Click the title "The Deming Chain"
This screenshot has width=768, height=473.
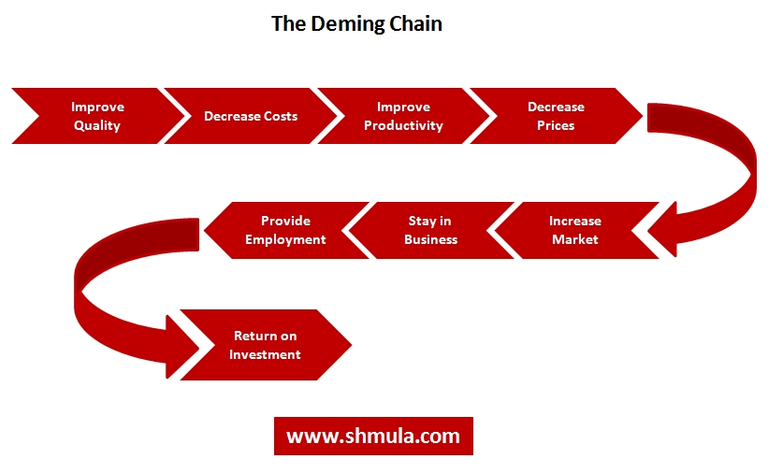point(356,24)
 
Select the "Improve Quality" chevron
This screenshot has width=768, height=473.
point(97,116)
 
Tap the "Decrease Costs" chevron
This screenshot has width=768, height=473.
point(251,116)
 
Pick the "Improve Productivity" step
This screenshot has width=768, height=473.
point(403,116)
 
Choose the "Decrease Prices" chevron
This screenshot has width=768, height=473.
point(556,116)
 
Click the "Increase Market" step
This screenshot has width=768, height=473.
point(574,230)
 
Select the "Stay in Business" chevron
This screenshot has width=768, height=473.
point(430,230)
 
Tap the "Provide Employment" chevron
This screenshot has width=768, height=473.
point(285,230)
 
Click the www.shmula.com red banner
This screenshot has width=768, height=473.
point(373,436)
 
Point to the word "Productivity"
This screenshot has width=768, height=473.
point(403,125)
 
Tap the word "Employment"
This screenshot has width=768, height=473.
point(285,239)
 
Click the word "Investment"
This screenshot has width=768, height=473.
point(265,354)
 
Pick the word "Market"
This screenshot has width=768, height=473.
point(574,239)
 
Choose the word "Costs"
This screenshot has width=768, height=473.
point(278,116)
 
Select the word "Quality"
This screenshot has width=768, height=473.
point(97,125)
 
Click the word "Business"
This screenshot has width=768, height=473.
point(430,239)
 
